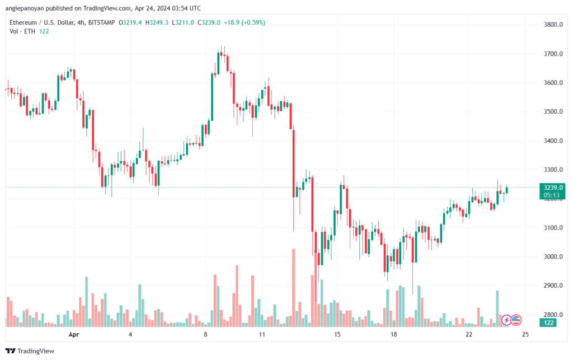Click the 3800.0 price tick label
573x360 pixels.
553,25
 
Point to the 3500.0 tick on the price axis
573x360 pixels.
553,111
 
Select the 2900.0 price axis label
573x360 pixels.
553,286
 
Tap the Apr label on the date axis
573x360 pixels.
74,334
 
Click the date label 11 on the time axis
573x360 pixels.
262,334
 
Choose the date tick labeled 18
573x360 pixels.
393,334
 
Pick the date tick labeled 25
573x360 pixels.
525,334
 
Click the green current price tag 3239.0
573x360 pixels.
552,188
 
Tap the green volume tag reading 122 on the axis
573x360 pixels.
548,322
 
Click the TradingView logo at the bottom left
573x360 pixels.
30,351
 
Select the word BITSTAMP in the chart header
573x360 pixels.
101,22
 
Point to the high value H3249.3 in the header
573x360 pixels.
157,22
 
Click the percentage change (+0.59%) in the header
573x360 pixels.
253,22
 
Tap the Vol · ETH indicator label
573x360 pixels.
22,31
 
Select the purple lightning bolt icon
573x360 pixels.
506,320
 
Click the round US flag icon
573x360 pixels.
516,320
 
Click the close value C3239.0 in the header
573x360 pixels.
209,22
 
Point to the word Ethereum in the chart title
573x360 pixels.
24,22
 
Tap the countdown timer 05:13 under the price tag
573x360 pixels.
551,195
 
